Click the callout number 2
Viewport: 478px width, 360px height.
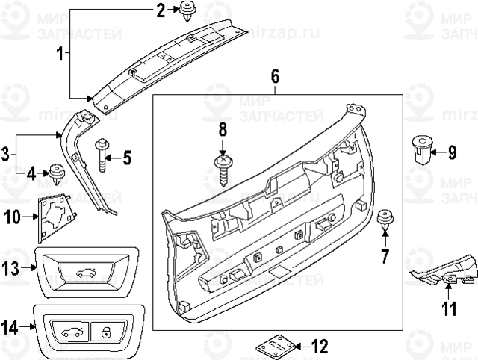point(160,10)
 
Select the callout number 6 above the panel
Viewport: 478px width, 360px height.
point(275,76)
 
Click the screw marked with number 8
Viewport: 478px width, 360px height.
point(222,165)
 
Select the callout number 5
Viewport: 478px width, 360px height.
point(126,158)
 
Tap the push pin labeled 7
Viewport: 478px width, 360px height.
point(385,217)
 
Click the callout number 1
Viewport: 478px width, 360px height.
point(60,54)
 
